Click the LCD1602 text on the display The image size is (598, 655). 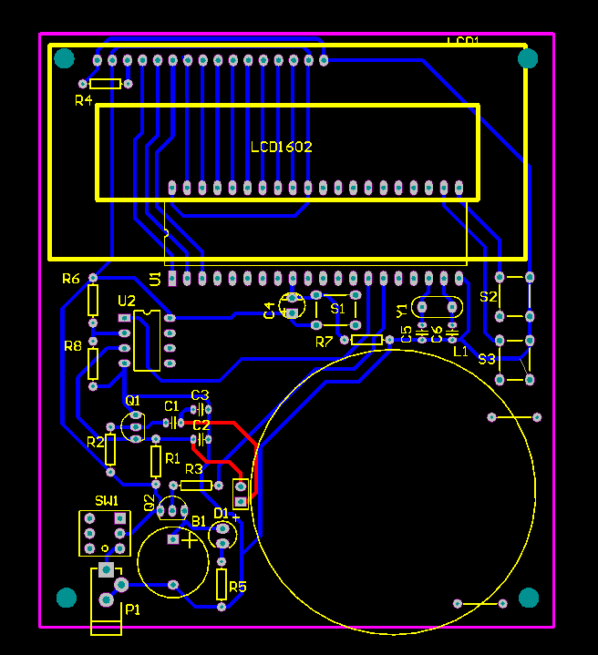pyautogui.click(x=282, y=147)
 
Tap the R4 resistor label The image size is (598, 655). pyautogui.click(x=83, y=100)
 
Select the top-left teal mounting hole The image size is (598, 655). pyautogui.click(x=64, y=60)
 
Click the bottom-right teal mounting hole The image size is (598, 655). pyautogui.click(x=529, y=598)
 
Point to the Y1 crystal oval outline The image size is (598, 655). pyautogui.click(x=436, y=308)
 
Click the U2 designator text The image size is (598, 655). pyautogui.click(x=126, y=301)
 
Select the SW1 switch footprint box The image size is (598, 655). pyautogui.click(x=102, y=532)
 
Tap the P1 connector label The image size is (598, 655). pyautogui.click(x=132, y=609)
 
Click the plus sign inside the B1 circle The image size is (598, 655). pyautogui.click(x=189, y=540)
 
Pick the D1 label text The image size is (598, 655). pyautogui.click(x=221, y=513)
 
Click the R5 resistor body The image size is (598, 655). pyautogui.click(x=222, y=584)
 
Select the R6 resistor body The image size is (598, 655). pyautogui.click(x=92, y=300)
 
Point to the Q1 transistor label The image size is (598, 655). pyautogui.click(x=132, y=400)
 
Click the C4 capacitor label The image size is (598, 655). pyautogui.click(x=269, y=310)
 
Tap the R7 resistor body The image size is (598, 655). pyautogui.click(x=366, y=340)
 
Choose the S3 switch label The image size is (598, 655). pyautogui.click(x=487, y=359)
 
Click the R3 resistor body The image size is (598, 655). pyautogui.click(x=195, y=486)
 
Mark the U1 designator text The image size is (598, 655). pyautogui.click(x=155, y=278)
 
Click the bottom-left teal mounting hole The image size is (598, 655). pyautogui.click(x=67, y=598)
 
